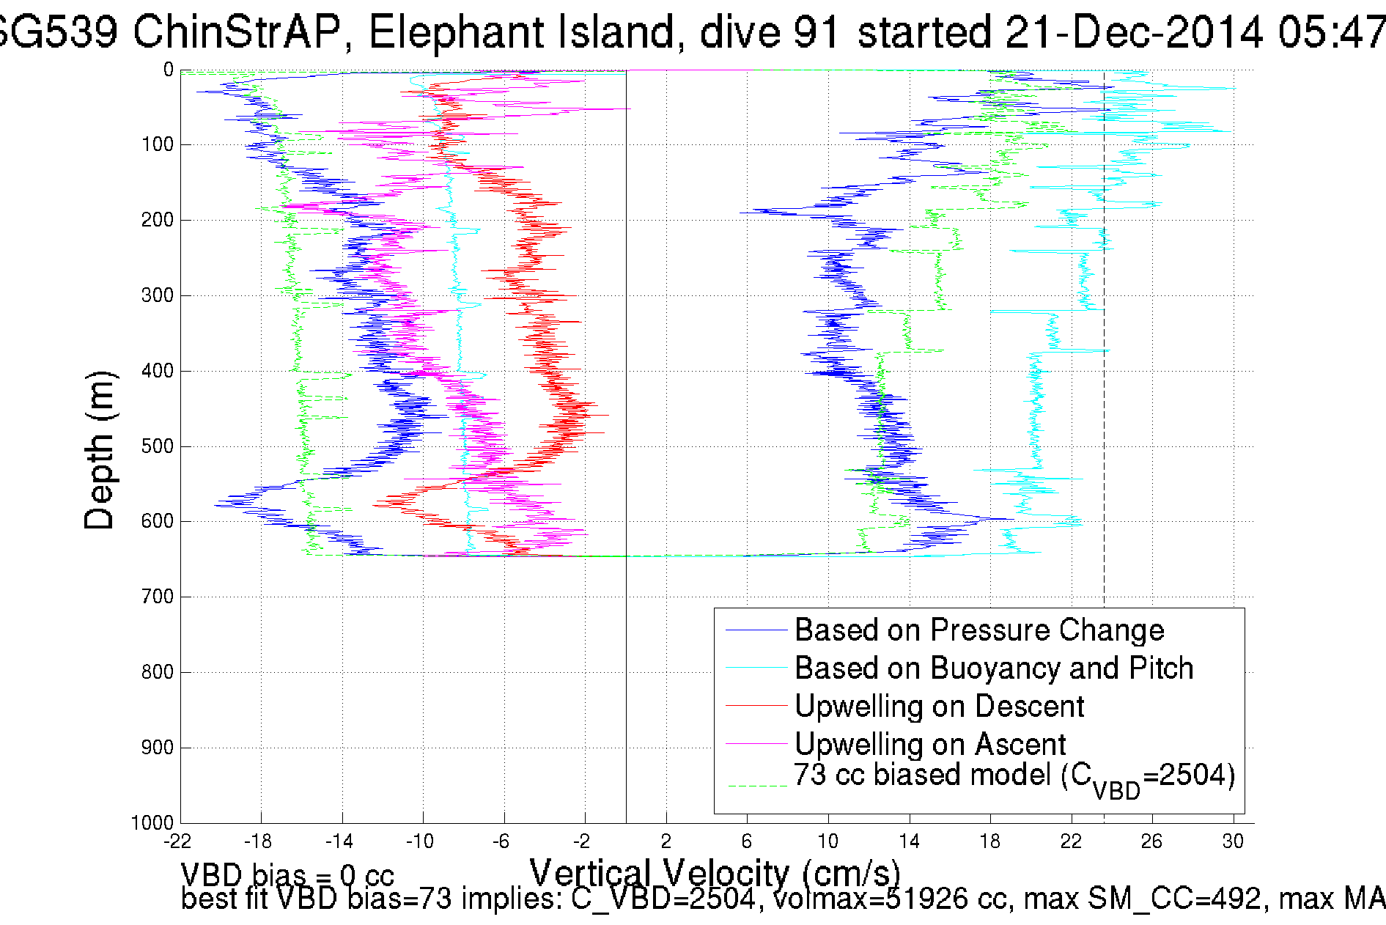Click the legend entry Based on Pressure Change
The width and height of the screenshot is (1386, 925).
tap(978, 630)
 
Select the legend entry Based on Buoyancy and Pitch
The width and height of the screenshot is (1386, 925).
tap(993, 668)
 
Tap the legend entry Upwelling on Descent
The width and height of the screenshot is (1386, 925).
tap(938, 707)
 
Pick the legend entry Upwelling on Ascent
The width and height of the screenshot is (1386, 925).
tap(929, 745)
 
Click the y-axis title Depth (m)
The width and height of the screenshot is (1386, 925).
tap(100, 449)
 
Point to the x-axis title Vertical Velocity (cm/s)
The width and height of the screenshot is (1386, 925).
tap(715, 873)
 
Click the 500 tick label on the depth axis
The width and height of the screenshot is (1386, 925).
tap(157, 446)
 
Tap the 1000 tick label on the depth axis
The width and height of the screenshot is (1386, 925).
tap(152, 822)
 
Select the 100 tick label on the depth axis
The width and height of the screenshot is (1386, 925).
tap(157, 144)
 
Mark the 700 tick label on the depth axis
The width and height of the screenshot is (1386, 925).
tap(157, 597)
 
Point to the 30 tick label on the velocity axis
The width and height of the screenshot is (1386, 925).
tap(1233, 841)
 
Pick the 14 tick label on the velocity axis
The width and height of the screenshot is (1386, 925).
tap(909, 841)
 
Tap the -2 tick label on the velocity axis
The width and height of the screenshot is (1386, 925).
tap(582, 841)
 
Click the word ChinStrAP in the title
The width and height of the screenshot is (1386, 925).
tap(237, 33)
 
